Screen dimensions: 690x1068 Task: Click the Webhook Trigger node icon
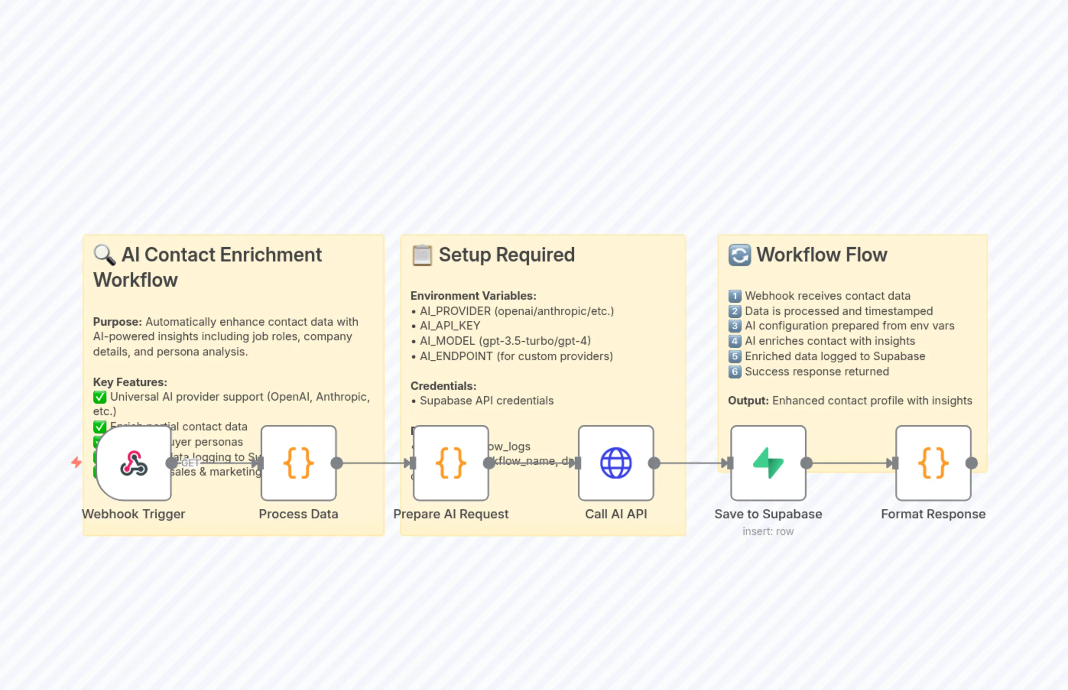tap(133, 463)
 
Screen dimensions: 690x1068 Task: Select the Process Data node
tap(299, 463)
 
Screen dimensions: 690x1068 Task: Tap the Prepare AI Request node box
tap(451, 463)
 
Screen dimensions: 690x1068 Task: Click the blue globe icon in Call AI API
tap(615, 463)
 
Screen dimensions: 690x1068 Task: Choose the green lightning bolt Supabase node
tap(768, 463)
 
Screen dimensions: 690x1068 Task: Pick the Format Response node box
tap(933, 463)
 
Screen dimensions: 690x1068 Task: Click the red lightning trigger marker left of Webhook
tap(76, 462)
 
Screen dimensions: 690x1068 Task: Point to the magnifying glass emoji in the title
tap(104, 255)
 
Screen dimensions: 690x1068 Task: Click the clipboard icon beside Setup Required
tap(422, 255)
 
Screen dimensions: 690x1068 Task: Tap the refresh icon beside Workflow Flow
tap(739, 255)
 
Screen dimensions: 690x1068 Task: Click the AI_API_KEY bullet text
tap(450, 326)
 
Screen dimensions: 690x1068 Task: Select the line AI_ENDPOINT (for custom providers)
tap(516, 356)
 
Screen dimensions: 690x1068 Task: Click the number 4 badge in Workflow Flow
tap(734, 341)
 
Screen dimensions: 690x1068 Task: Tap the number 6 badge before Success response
tap(734, 372)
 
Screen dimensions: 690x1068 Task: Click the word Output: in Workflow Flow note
tap(748, 401)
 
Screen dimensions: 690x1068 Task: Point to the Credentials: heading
tap(443, 386)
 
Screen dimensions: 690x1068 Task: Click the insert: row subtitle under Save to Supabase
tap(768, 531)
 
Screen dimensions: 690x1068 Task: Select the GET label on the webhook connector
tap(190, 463)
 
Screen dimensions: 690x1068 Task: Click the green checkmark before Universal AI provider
tap(99, 397)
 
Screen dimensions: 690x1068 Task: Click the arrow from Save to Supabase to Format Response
tap(851, 463)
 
